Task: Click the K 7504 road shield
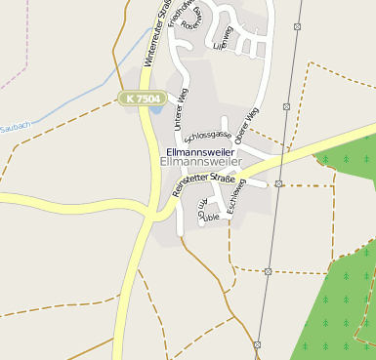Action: coord(140,99)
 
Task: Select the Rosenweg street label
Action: coord(194,22)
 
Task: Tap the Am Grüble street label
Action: coord(208,211)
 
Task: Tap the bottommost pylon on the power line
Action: coord(258,344)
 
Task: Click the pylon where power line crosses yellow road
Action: coord(278,182)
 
